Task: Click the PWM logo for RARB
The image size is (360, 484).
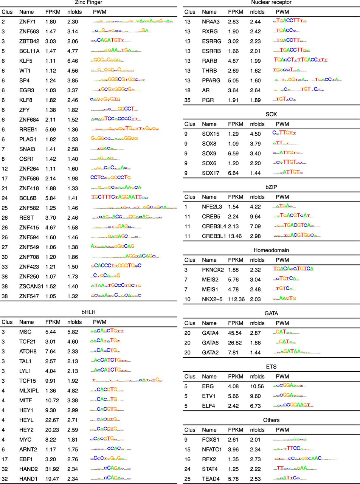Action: [x=301, y=60]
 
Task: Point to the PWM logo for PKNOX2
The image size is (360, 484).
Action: [x=293, y=269]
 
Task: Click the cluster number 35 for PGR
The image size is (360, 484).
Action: [x=188, y=99]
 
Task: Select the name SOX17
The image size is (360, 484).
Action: [x=210, y=172]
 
